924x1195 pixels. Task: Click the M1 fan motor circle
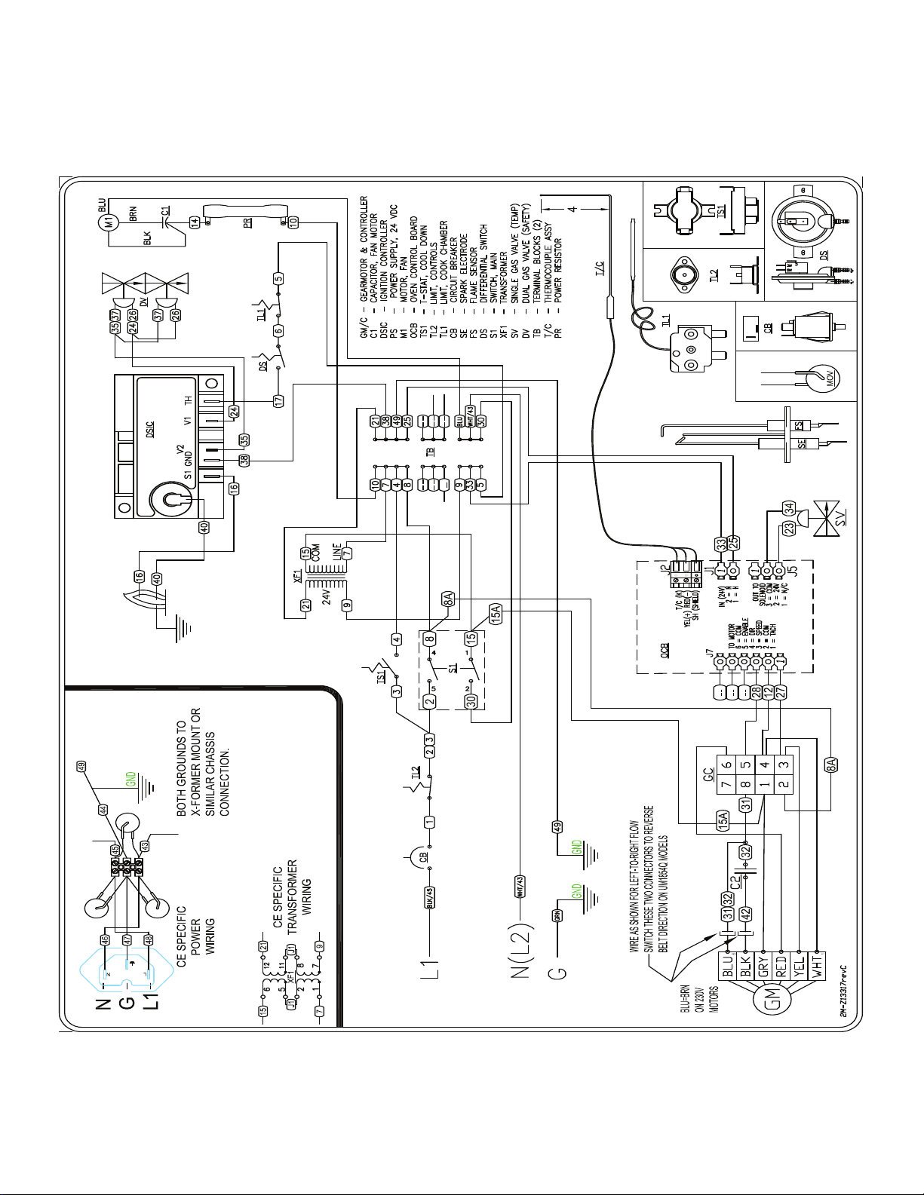109,223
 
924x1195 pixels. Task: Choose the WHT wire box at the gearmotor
818,965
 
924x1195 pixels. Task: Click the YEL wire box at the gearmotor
800,965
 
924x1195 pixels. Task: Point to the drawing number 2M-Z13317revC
843,989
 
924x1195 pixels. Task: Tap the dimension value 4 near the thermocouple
573,208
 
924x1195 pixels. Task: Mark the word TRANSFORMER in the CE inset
293,897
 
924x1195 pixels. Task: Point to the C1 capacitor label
165,212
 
